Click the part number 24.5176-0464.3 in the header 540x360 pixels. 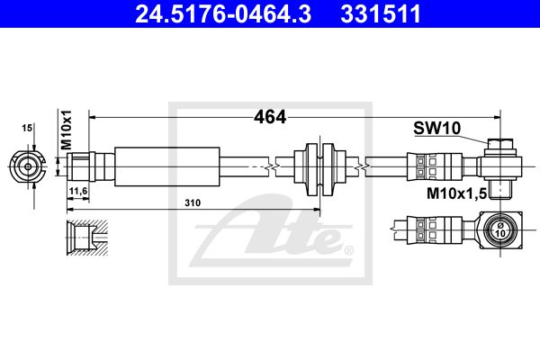click(223, 14)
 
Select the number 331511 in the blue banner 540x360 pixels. click(381, 14)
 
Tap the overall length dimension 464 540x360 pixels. click(270, 117)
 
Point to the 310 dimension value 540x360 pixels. click(193, 202)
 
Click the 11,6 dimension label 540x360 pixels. click(78, 191)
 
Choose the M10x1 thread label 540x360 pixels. click(66, 130)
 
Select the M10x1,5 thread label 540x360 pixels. click(456, 193)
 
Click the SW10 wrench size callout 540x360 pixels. click(436, 128)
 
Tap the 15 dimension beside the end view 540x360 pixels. click(27, 128)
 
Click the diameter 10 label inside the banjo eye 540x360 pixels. click(500, 230)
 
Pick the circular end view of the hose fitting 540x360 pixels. click(28, 167)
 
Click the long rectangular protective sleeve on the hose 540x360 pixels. click(167, 166)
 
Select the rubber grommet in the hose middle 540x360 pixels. click(319, 166)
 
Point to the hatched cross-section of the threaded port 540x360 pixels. click(87, 238)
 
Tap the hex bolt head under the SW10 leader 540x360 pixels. click(500, 144)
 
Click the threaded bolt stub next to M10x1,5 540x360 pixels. click(500, 189)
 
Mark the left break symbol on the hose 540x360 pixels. click(272, 167)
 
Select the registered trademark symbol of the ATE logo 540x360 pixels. click(348, 250)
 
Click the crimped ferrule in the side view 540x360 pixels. click(435, 166)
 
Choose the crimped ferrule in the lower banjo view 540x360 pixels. click(435, 230)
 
